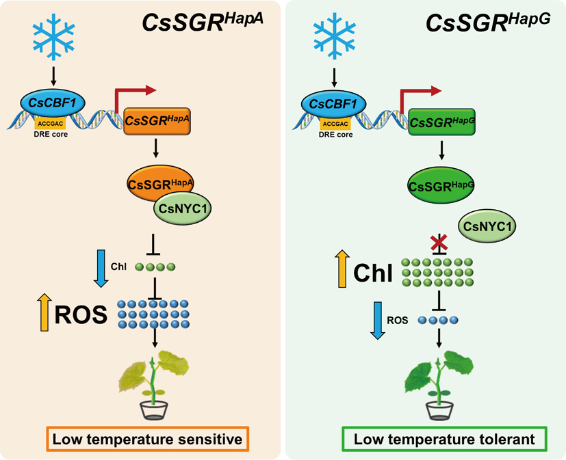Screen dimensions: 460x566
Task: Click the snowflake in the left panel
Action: [53, 40]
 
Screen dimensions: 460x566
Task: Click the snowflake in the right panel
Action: [333, 40]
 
